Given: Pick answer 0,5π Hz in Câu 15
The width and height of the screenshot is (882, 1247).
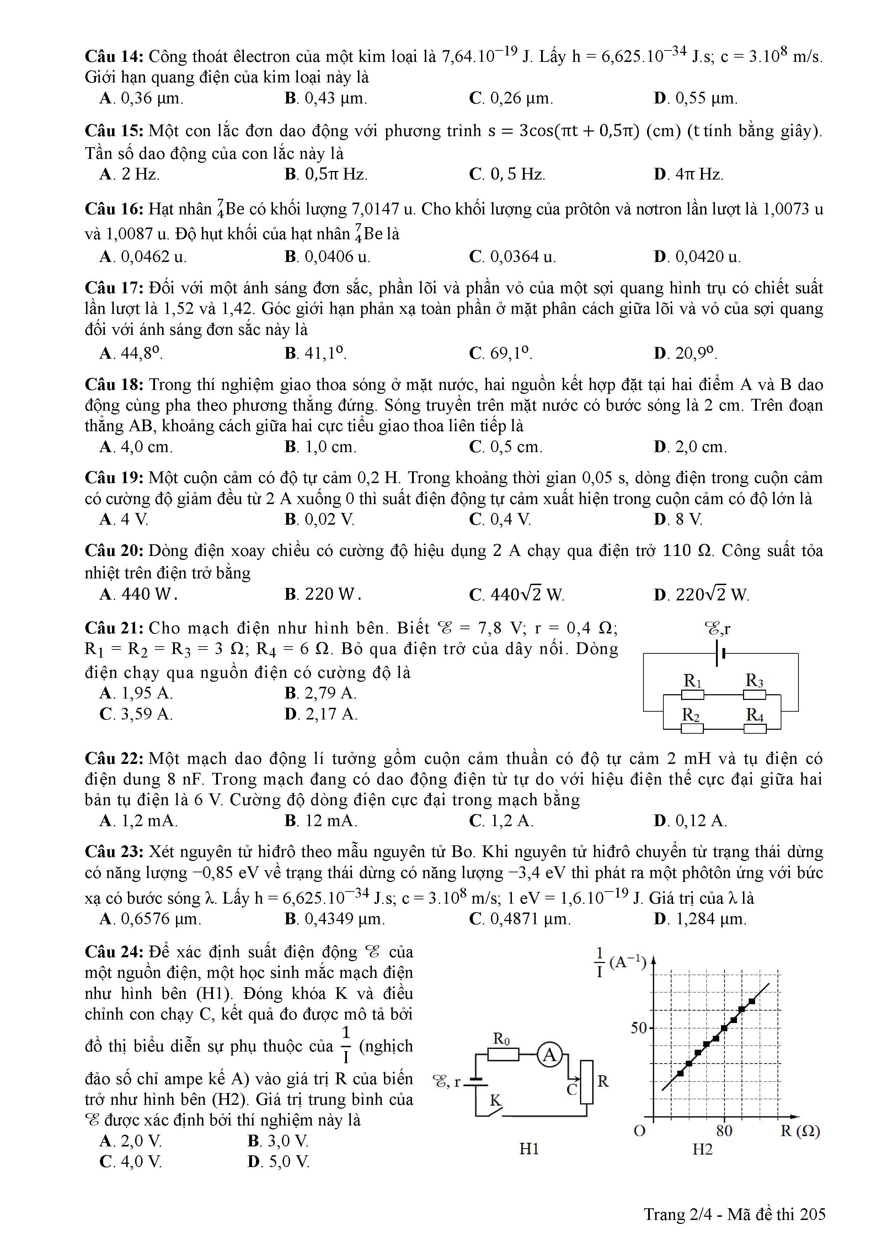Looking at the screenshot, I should pos(326,174).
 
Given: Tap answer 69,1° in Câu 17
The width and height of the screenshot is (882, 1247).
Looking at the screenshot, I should pos(501,354).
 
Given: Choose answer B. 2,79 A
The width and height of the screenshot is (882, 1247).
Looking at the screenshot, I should pos(320,694).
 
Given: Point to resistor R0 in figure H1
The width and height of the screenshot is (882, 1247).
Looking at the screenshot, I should pos(503,1054).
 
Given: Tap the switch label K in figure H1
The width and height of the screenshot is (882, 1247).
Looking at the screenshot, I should pos(495,1100).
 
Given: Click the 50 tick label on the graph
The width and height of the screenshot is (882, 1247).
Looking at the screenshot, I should pos(639,1028).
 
